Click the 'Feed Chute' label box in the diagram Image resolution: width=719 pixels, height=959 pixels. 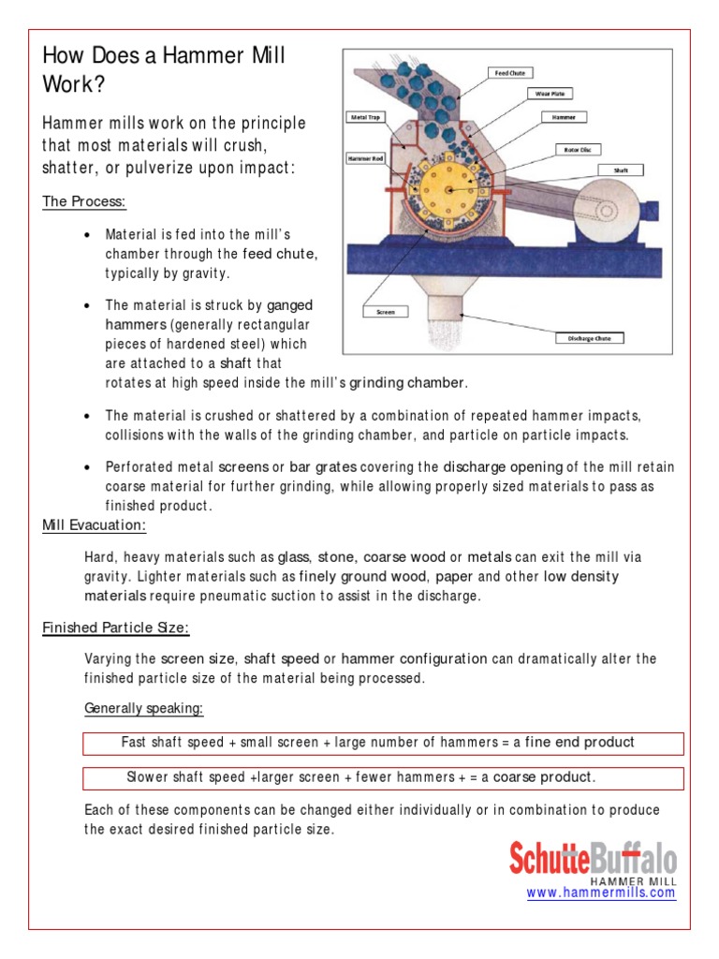(x=509, y=71)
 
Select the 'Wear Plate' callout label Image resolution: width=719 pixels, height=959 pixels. (x=549, y=94)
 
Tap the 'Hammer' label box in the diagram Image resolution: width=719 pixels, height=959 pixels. (x=564, y=118)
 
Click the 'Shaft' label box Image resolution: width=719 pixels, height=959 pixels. (x=621, y=171)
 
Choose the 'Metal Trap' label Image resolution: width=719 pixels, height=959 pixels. (x=363, y=118)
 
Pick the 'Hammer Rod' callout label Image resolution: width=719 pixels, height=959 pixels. (x=363, y=159)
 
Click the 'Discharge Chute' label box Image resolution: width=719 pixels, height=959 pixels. (x=589, y=338)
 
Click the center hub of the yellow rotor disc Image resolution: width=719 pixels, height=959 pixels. (x=451, y=190)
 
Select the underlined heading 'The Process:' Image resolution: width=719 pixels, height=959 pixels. (x=84, y=202)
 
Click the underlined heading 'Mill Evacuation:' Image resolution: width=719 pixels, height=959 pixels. (x=94, y=525)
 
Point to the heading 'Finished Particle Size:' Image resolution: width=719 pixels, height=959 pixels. (x=115, y=627)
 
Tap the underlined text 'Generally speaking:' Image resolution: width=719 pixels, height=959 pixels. (x=143, y=709)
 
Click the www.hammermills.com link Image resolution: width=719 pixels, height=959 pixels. (x=600, y=893)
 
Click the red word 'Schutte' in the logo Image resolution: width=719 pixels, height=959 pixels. (x=548, y=859)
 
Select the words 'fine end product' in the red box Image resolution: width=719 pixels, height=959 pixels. (x=579, y=743)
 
